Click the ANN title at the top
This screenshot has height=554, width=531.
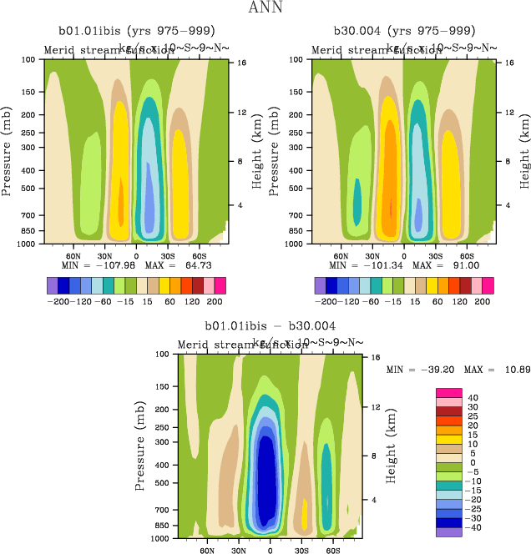pos(265,8)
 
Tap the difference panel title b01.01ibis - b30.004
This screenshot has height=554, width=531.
pos(271,325)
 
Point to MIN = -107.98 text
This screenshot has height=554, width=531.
pos(94,265)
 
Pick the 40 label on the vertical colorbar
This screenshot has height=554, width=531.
pos(473,398)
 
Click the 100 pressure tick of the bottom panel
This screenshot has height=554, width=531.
pos(165,355)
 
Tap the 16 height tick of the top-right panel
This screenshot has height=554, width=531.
pos(498,63)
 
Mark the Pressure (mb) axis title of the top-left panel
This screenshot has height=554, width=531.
pos(8,153)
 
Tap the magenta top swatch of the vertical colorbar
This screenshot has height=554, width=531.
pos(448,393)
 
